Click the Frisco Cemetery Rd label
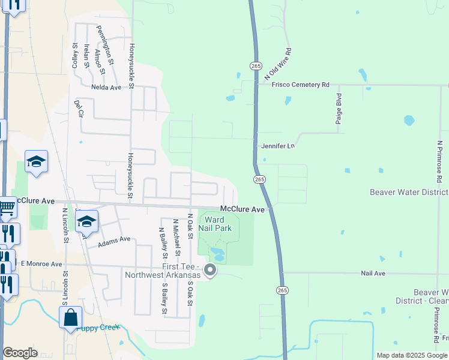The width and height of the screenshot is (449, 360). coord(301,85)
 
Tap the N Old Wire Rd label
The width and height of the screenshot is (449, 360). coord(277,65)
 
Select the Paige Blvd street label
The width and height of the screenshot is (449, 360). coord(339,109)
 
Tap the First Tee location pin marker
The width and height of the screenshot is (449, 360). coord(210,271)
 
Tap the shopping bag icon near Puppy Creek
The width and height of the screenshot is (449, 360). coord(70,317)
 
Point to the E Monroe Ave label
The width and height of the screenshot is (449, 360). coord(41,264)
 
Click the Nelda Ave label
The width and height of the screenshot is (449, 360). coord(106,87)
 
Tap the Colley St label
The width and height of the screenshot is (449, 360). coord(75,54)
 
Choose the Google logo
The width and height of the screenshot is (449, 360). coord(20,353)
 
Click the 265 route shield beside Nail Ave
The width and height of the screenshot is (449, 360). coord(282,290)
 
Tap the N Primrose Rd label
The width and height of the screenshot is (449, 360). coord(439,162)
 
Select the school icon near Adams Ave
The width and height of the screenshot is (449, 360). coord(86,221)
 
